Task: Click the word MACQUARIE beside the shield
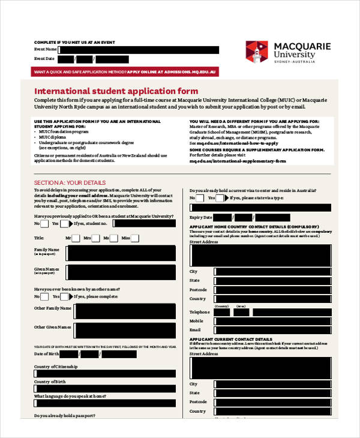(299, 46)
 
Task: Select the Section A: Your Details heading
(70, 182)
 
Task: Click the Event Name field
(138, 50)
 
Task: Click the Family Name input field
(124, 251)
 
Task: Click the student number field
(152, 223)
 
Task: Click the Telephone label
(200, 312)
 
